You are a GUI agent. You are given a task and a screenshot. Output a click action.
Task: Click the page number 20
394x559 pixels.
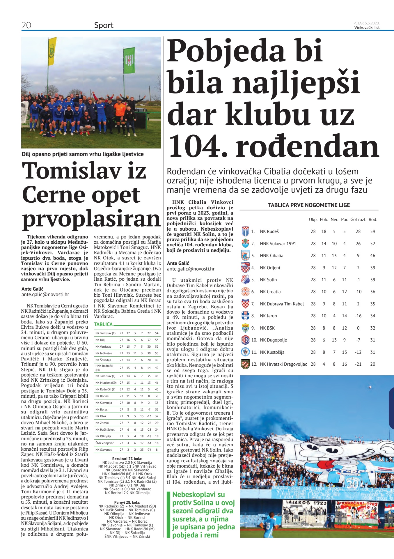click(x=26, y=25)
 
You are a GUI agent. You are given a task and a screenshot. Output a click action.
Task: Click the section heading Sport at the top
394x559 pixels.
click(x=104, y=25)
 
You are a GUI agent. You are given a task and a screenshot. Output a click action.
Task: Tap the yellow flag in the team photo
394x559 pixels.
click(x=52, y=51)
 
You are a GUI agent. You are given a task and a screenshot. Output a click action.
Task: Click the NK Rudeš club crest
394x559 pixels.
click(x=245, y=231)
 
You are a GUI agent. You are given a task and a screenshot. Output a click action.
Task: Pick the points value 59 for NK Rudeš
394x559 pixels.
click(x=372, y=231)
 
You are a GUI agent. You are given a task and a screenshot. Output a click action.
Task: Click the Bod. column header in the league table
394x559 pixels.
click(x=372, y=220)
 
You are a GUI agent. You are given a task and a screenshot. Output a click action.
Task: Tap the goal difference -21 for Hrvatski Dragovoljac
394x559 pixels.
click(x=358, y=364)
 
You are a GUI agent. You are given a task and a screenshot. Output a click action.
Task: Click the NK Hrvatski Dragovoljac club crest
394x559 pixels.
click(x=245, y=364)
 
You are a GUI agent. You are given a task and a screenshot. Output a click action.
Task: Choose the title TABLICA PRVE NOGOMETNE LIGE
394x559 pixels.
click(x=309, y=205)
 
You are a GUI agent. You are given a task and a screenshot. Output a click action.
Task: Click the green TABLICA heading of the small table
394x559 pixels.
click(x=103, y=324)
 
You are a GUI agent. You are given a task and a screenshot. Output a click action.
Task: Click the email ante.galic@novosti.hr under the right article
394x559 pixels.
click(x=191, y=269)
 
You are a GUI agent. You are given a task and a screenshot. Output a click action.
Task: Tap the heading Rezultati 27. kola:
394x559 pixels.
click(x=127, y=459)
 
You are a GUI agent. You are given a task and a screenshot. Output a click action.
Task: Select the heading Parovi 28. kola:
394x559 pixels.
click(x=127, y=502)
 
